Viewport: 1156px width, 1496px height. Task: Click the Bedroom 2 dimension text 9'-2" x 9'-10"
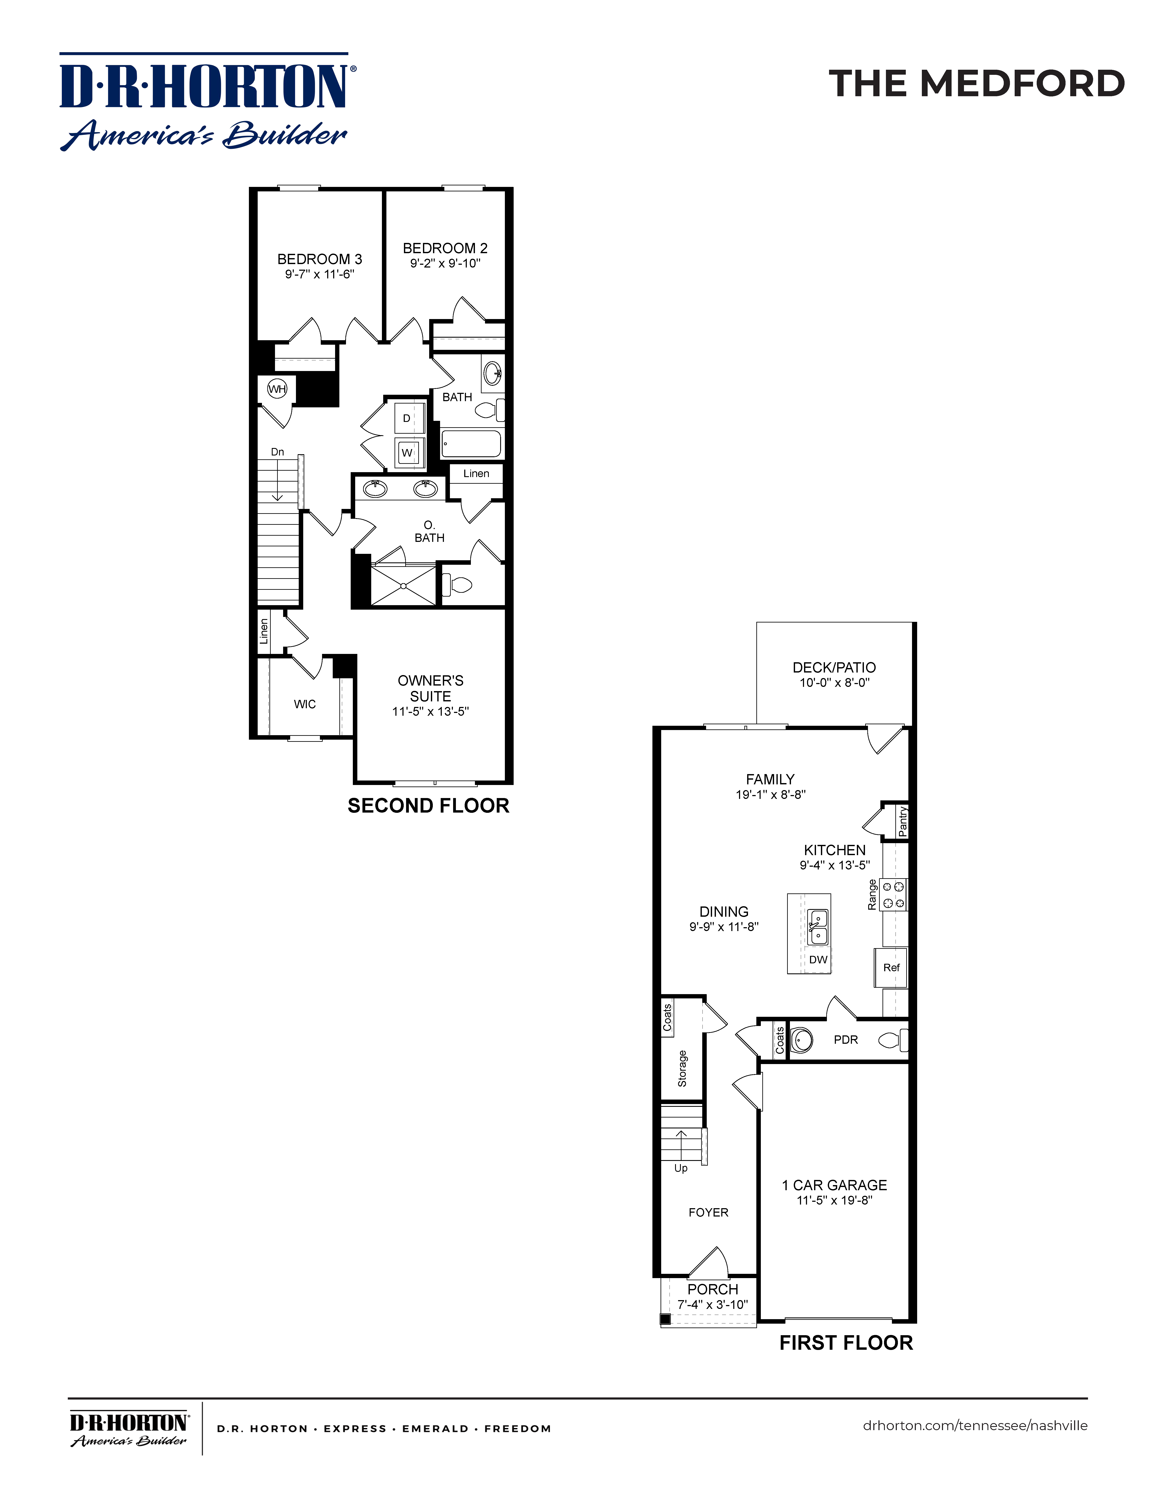[445, 264]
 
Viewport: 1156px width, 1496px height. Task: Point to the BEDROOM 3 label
[319, 259]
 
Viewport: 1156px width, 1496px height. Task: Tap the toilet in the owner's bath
[459, 585]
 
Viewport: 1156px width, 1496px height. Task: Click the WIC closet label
[305, 704]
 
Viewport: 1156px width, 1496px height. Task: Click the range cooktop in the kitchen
[893, 895]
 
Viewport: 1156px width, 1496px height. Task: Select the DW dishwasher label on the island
[818, 960]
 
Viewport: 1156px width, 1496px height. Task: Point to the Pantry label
[903, 821]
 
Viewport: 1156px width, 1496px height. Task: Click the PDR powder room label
[846, 1040]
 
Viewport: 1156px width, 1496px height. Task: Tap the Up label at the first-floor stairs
[681, 1168]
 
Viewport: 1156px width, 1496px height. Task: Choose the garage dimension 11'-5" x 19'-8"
[834, 1200]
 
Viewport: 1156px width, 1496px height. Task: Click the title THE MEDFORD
[977, 84]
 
